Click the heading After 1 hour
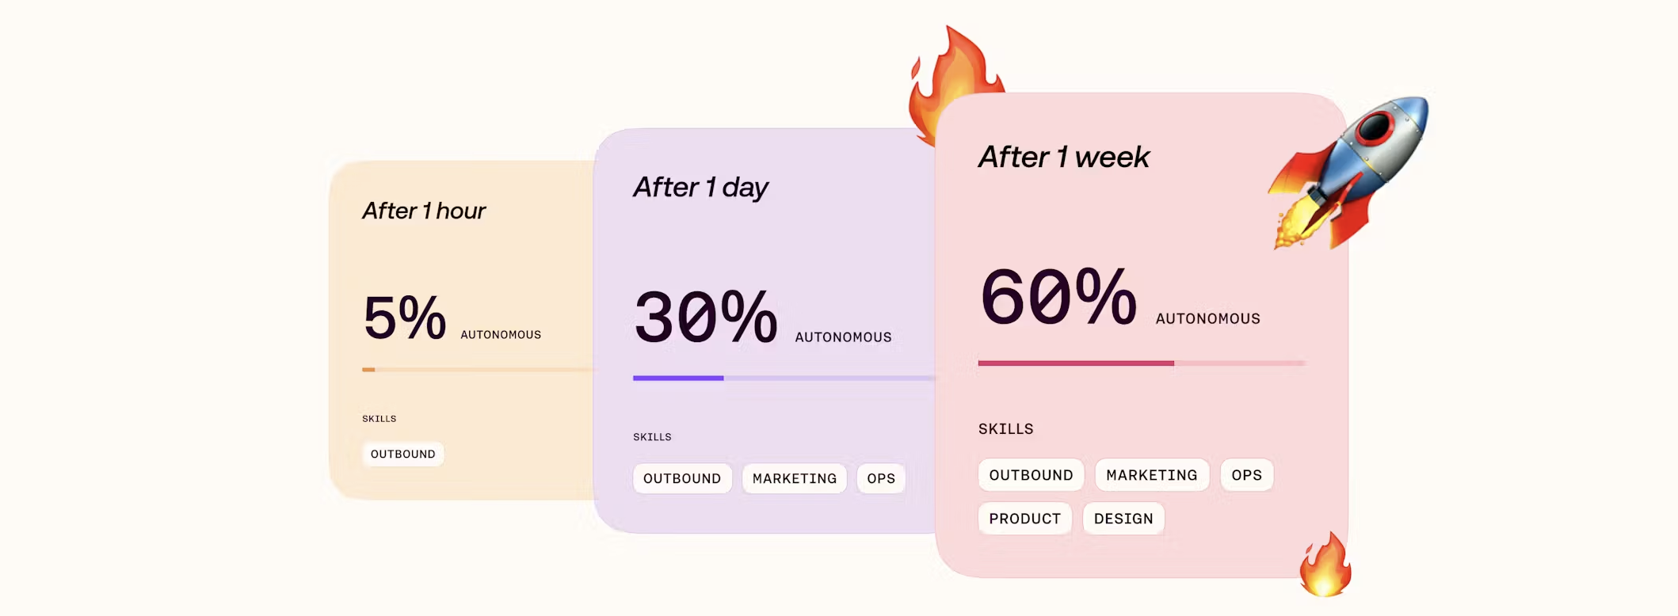point(424,211)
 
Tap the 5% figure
point(405,318)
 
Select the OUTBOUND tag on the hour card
point(403,454)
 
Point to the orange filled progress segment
point(368,370)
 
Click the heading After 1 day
point(701,188)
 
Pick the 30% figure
point(706,317)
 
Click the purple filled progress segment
point(678,378)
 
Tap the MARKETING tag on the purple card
point(795,478)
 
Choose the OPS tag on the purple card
point(881,478)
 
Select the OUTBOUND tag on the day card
point(682,478)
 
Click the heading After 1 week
point(1064,157)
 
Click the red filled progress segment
point(1076,363)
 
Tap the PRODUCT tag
point(1025,519)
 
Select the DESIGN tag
point(1123,519)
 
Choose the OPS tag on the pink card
point(1247,475)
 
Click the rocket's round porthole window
point(1378,124)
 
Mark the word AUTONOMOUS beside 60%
point(1208,318)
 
